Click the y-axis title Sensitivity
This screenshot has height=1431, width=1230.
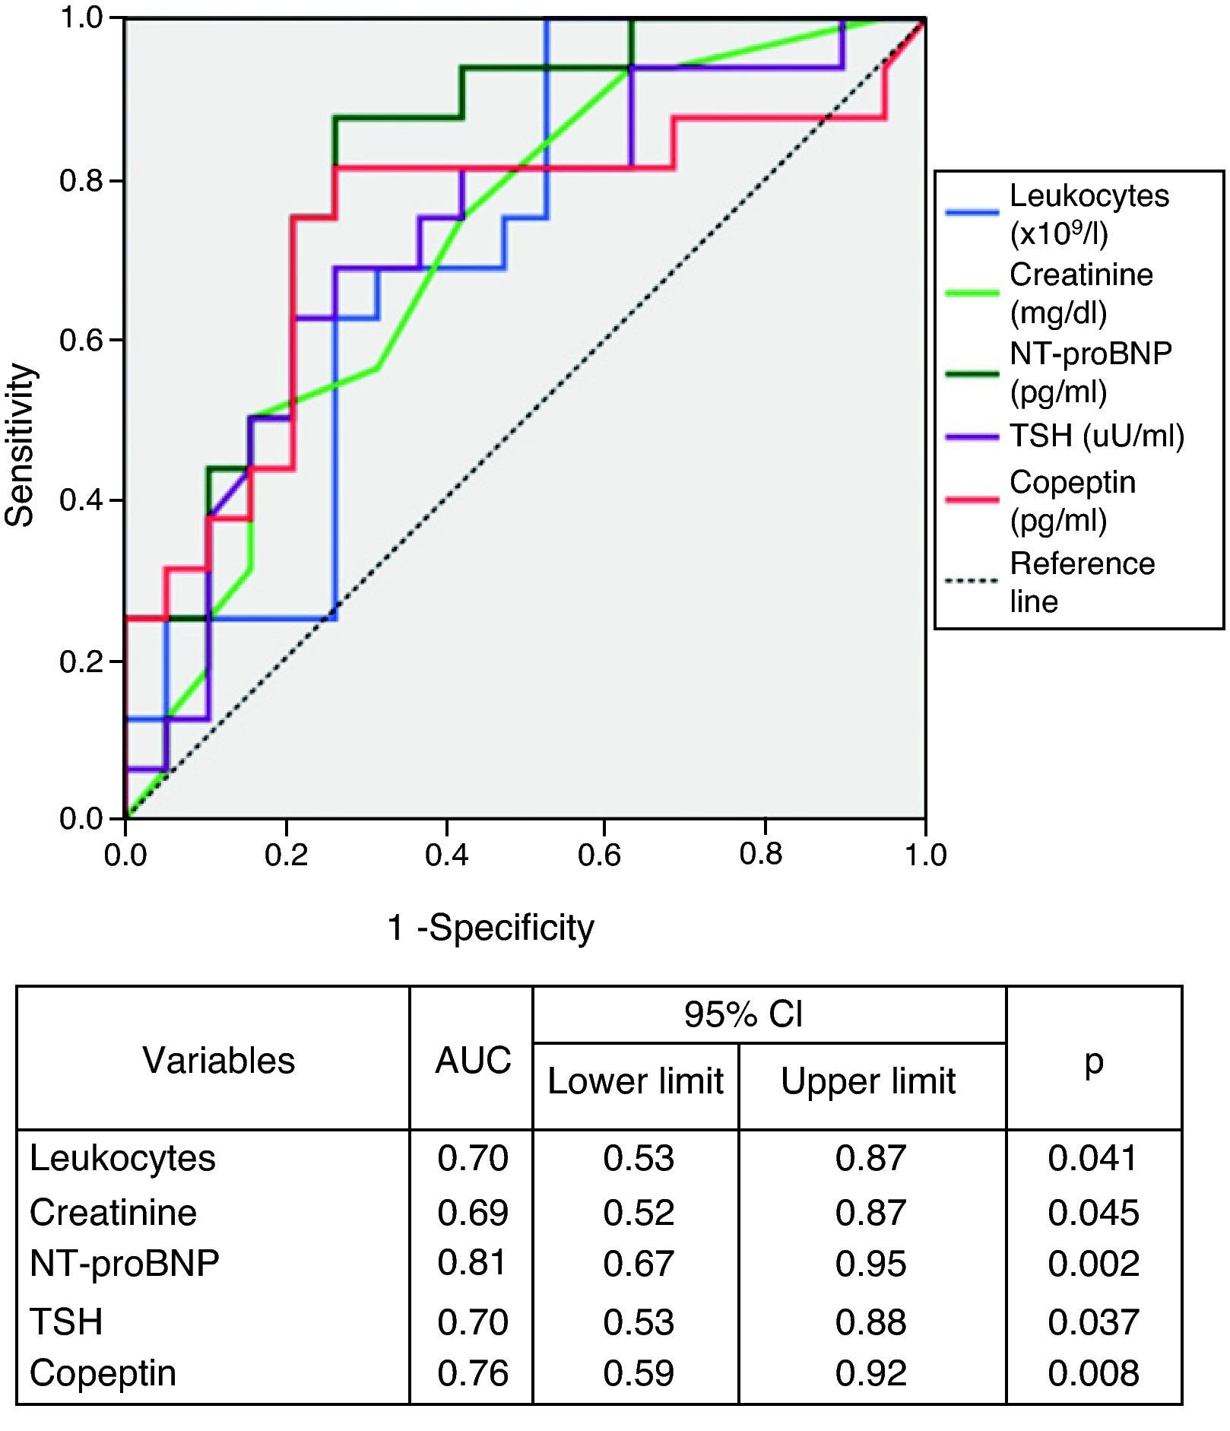pyautogui.click(x=21, y=445)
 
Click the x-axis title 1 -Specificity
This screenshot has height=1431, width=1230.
pyautogui.click(x=490, y=928)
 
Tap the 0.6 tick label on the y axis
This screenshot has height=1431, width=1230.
pyautogui.click(x=81, y=341)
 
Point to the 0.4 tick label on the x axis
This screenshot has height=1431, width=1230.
pyautogui.click(x=446, y=855)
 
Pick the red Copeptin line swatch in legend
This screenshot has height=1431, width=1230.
pyautogui.click(x=972, y=499)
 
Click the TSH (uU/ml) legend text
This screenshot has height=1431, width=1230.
pyautogui.click(x=1096, y=436)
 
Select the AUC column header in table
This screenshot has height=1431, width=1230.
pyautogui.click(x=473, y=1060)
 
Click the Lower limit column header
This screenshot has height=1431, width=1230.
pyautogui.click(x=636, y=1081)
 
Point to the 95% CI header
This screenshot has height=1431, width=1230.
pyautogui.click(x=743, y=1014)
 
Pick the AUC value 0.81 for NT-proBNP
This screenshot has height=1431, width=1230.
pyautogui.click(x=472, y=1262)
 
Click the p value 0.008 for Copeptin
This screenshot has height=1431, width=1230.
pyautogui.click(x=1092, y=1373)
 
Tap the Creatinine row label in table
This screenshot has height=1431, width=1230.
pyautogui.click(x=113, y=1212)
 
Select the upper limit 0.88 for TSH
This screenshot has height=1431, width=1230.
pyautogui.click(x=870, y=1322)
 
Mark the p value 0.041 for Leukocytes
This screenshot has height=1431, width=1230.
pyautogui.click(x=1092, y=1158)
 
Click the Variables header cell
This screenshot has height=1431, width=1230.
pyautogui.click(x=219, y=1060)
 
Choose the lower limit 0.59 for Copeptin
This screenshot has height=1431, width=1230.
pyautogui.click(x=639, y=1373)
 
